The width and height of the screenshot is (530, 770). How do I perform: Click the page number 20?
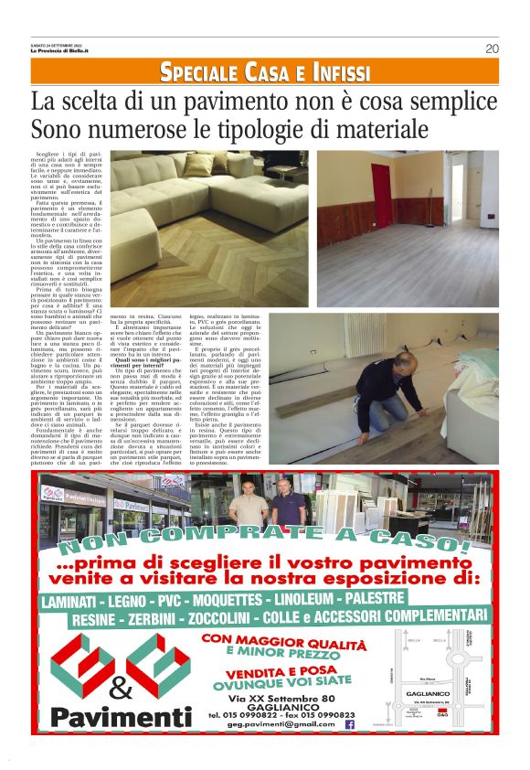pyautogui.click(x=492, y=49)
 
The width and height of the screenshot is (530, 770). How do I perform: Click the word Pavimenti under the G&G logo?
pyautogui.click(x=122, y=715)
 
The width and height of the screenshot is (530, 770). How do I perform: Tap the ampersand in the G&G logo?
pyautogui.click(x=121, y=687)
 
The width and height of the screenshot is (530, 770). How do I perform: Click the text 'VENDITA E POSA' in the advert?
pyautogui.click(x=285, y=671)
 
